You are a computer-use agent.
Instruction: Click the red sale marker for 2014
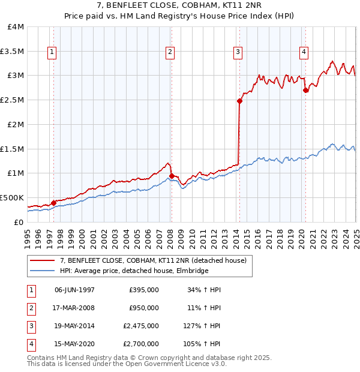[x=239, y=101]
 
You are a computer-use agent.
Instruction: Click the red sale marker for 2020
[x=305, y=91]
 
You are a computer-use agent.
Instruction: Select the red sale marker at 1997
[x=53, y=203]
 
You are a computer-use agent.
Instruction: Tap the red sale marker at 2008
[x=172, y=176]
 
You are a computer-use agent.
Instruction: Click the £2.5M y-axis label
[x=12, y=100]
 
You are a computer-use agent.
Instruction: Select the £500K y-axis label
[x=12, y=197]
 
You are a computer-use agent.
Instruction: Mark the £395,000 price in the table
[x=144, y=289]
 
